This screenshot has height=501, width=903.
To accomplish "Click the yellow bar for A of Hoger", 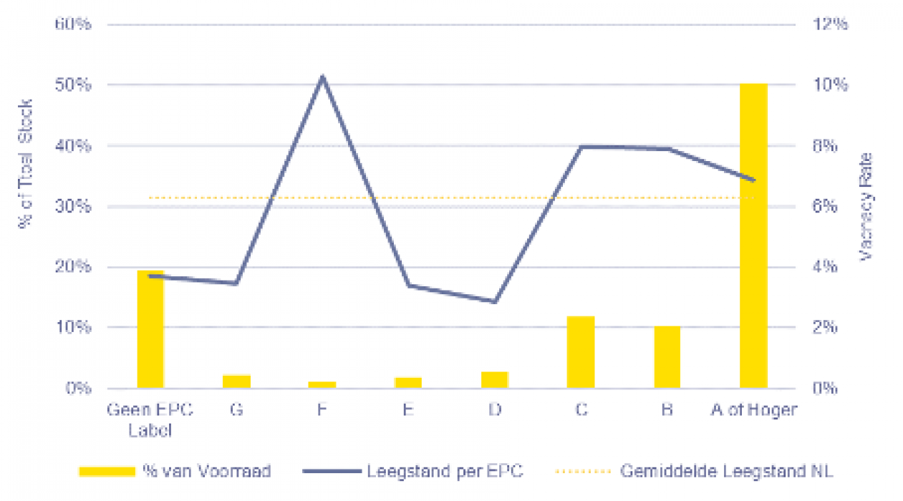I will point(753,236).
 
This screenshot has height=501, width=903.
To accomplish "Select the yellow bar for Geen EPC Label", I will point(150,329).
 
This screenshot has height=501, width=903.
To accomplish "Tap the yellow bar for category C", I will point(581,352).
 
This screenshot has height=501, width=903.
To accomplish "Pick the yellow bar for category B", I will point(667,357).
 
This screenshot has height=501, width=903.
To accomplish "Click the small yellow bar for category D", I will point(495,380).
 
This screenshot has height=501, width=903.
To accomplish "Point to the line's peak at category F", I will point(322,77).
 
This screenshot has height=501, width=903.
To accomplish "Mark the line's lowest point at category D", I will point(495,301).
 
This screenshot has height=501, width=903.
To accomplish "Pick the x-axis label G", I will point(236,410).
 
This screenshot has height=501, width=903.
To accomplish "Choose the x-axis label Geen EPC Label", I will point(150,419).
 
